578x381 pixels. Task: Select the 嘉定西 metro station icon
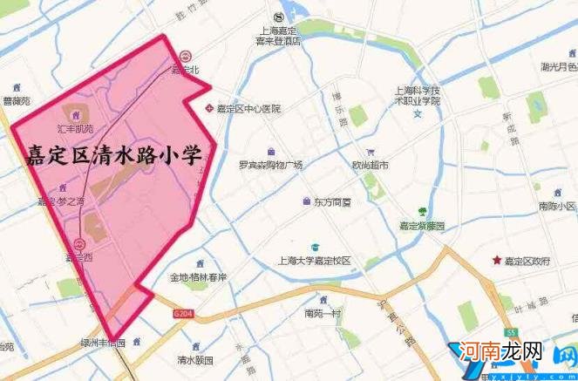tap(79, 244)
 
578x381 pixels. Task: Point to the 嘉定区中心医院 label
tap(248, 109)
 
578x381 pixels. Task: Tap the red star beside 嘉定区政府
tap(497, 260)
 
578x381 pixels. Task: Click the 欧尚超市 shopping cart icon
tap(371, 150)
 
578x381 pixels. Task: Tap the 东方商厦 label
tap(332, 202)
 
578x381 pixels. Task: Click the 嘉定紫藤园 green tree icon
tap(423, 211)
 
